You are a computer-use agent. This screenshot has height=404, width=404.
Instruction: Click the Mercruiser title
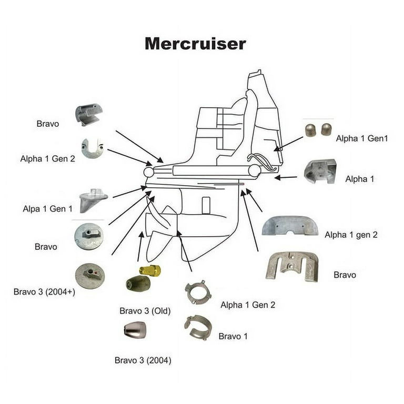tap(195, 44)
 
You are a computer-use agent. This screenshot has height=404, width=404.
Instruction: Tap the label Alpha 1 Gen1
tap(361, 138)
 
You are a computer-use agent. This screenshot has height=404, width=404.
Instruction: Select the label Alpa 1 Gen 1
tap(48, 209)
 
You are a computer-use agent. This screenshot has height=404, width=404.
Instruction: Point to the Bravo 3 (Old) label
tap(145, 311)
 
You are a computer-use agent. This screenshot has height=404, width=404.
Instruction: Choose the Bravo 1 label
tap(233, 336)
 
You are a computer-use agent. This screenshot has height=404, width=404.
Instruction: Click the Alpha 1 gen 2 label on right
tap(351, 235)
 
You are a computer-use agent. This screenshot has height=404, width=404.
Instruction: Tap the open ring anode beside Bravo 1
tap(198, 328)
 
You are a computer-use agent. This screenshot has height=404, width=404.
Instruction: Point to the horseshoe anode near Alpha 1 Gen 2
tap(93, 148)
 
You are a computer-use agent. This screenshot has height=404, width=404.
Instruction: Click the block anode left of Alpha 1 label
tap(320, 172)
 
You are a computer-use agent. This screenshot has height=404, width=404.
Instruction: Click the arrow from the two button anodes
tap(288, 144)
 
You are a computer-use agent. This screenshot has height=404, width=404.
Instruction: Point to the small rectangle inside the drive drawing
tap(206, 205)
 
